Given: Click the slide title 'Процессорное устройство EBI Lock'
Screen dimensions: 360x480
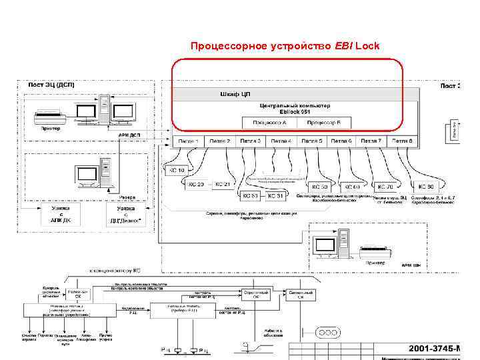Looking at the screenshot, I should tap(285, 46).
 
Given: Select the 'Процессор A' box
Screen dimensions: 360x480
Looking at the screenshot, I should tap(270, 123).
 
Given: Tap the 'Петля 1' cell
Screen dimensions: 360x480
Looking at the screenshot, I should tap(188, 141).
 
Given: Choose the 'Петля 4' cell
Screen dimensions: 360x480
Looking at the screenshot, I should tap(281, 141).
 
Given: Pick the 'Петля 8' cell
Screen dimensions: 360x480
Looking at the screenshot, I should tap(403, 141).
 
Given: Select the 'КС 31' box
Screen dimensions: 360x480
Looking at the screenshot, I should tap(277, 196).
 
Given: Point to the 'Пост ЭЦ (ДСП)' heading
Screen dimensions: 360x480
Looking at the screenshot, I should tap(51, 85).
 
